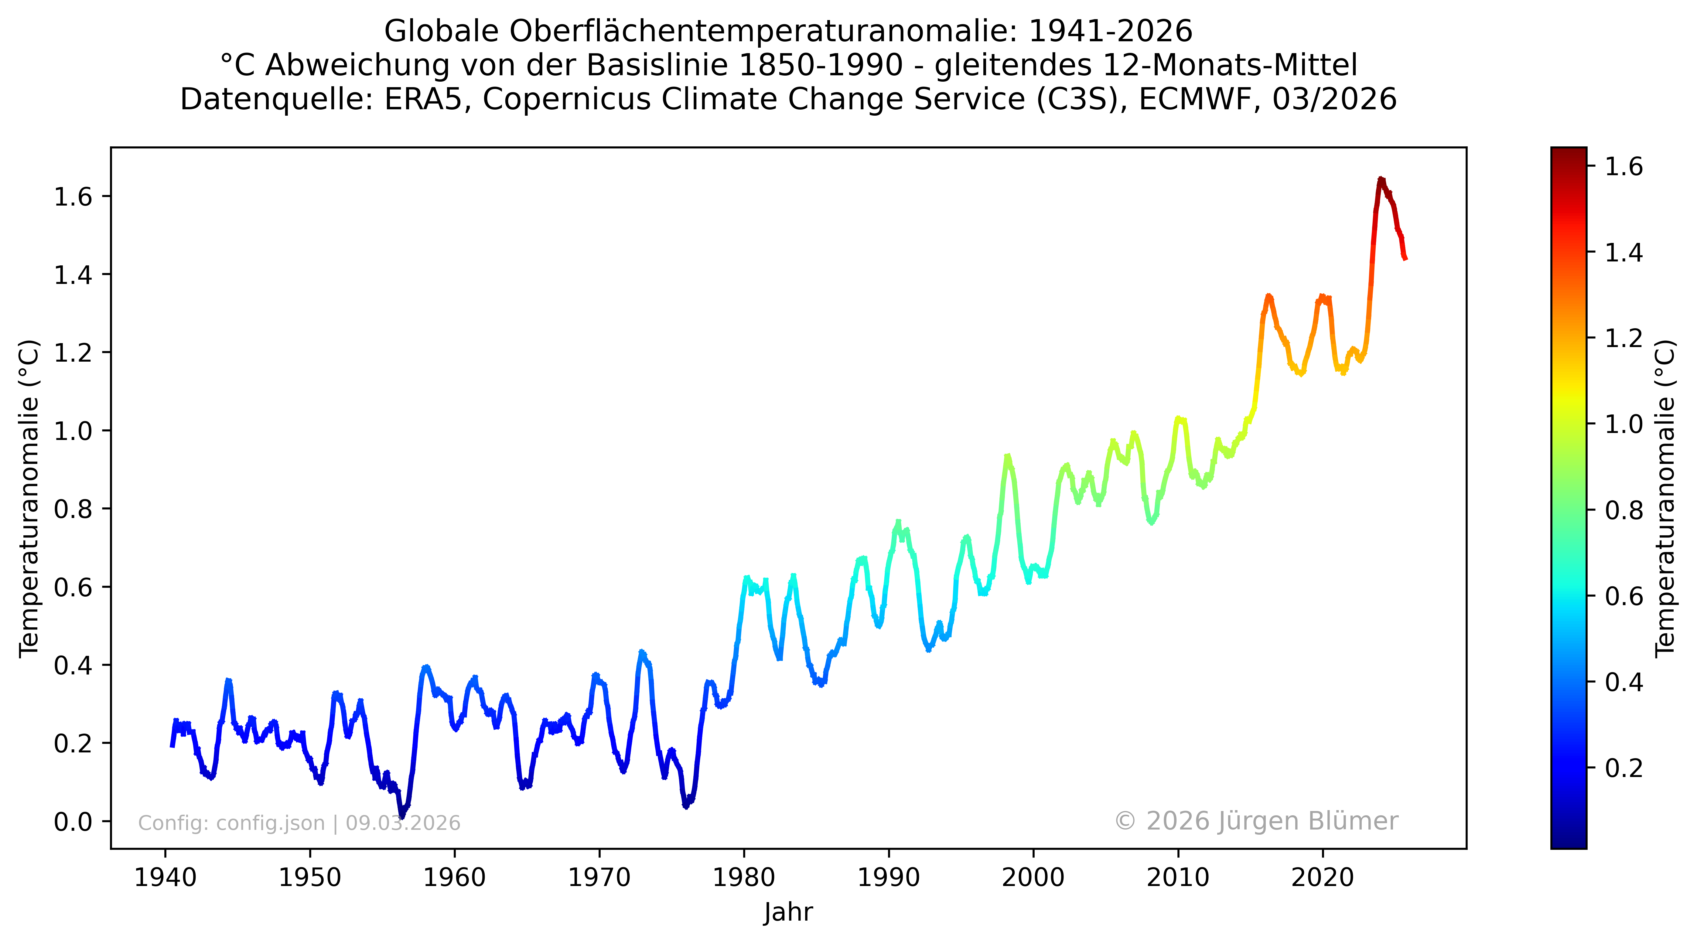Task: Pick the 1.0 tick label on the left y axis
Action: (73, 431)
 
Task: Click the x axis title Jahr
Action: (788, 912)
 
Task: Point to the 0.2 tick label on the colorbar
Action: (1624, 768)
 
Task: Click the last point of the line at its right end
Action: (1406, 259)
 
